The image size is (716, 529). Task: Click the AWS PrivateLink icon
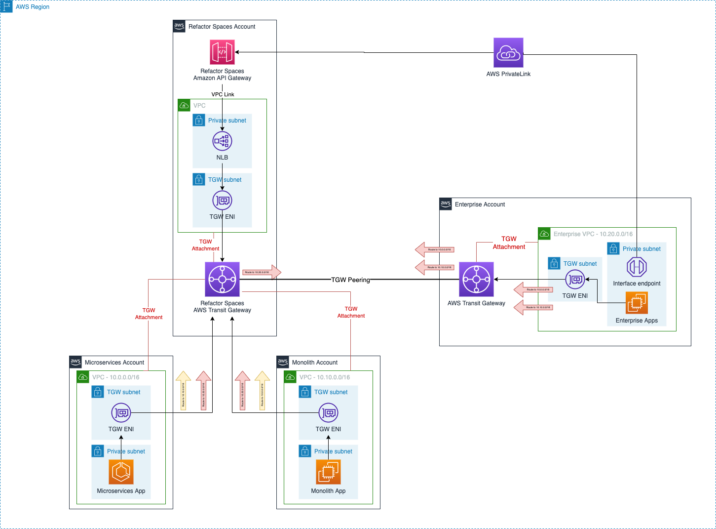(508, 53)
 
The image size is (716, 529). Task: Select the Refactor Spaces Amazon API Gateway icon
(222, 52)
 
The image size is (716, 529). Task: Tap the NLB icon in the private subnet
(222, 141)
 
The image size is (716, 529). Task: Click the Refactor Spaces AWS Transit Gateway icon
(222, 279)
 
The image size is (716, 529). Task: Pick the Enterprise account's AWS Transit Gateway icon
(476, 279)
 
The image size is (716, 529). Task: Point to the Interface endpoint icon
(637, 267)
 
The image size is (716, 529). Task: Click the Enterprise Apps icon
(637, 302)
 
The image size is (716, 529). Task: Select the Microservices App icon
(121, 472)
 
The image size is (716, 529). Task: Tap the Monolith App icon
(328, 472)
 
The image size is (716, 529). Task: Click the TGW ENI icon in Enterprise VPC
(575, 280)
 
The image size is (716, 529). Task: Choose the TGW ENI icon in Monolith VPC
(328, 413)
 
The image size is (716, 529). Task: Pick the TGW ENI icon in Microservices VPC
(121, 413)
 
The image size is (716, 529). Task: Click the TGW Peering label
(350, 280)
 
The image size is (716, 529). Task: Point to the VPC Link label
(223, 94)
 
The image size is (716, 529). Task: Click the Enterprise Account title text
(480, 204)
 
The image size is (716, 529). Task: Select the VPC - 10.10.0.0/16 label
(325, 377)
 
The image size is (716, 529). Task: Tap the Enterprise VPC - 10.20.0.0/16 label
(593, 234)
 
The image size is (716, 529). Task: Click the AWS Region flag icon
(6, 6)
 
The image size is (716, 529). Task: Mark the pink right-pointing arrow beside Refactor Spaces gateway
(262, 272)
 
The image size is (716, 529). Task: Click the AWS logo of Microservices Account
(75, 362)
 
